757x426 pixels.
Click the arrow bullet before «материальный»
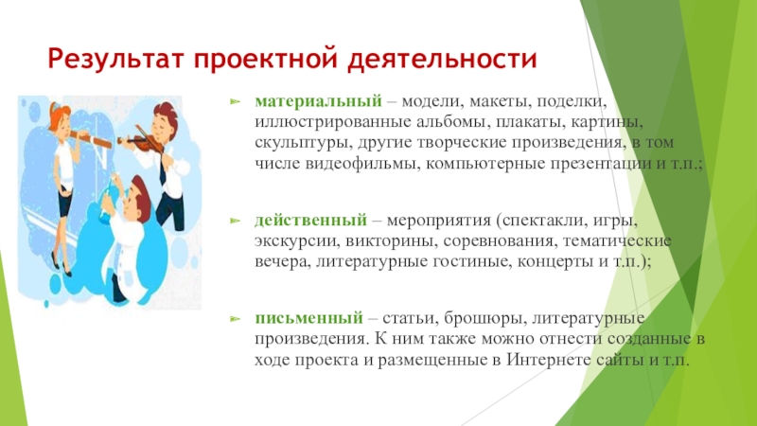pos(237,99)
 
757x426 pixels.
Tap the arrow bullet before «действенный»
pos(237,220)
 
